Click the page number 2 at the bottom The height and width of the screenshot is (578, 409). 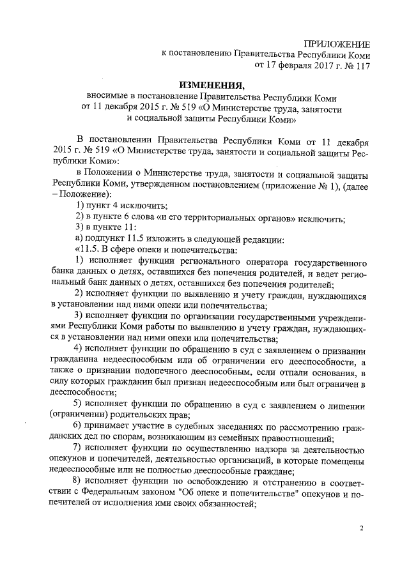pos(361,529)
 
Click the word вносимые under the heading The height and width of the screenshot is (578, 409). pos(107,98)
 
